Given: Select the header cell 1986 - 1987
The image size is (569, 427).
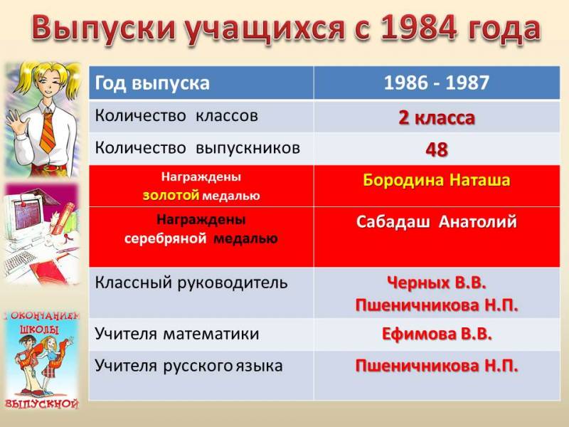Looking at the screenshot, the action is pyautogui.click(x=437, y=83).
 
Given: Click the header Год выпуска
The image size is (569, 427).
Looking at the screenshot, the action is pyautogui.click(x=152, y=83).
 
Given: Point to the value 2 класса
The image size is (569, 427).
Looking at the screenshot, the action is pyautogui.click(x=437, y=117).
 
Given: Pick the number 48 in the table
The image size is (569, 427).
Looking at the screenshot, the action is pyautogui.click(x=437, y=149).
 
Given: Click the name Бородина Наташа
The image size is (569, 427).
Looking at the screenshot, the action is pyautogui.click(x=437, y=181).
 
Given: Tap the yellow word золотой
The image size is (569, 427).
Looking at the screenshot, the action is pyautogui.click(x=171, y=196).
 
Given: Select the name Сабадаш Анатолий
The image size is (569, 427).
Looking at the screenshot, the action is pyautogui.click(x=437, y=222).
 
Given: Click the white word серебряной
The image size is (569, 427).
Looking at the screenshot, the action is pyautogui.click(x=166, y=239).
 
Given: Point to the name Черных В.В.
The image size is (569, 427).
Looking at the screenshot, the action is pyautogui.click(x=437, y=283).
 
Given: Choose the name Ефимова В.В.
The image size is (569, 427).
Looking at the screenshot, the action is pyautogui.click(x=437, y=334).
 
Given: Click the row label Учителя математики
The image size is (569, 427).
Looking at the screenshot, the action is pyautogui.click(x=176, y=334).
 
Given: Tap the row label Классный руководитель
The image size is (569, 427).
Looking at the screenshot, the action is pyautogui.click(x=191, y=283).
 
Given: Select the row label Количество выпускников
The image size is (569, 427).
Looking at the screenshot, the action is pyautogui.click(x=198, y=148).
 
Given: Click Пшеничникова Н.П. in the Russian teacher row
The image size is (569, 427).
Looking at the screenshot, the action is pyautogui.click(x=437, y=366).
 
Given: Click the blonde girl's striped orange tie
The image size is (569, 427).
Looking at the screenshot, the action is pyautogui.click(x=48, y=132).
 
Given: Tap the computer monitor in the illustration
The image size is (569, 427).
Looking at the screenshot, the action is pyautogui.click(x=27, y=215).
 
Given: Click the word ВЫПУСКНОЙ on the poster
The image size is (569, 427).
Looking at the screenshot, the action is pyautogui.click(x=42, y=404).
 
